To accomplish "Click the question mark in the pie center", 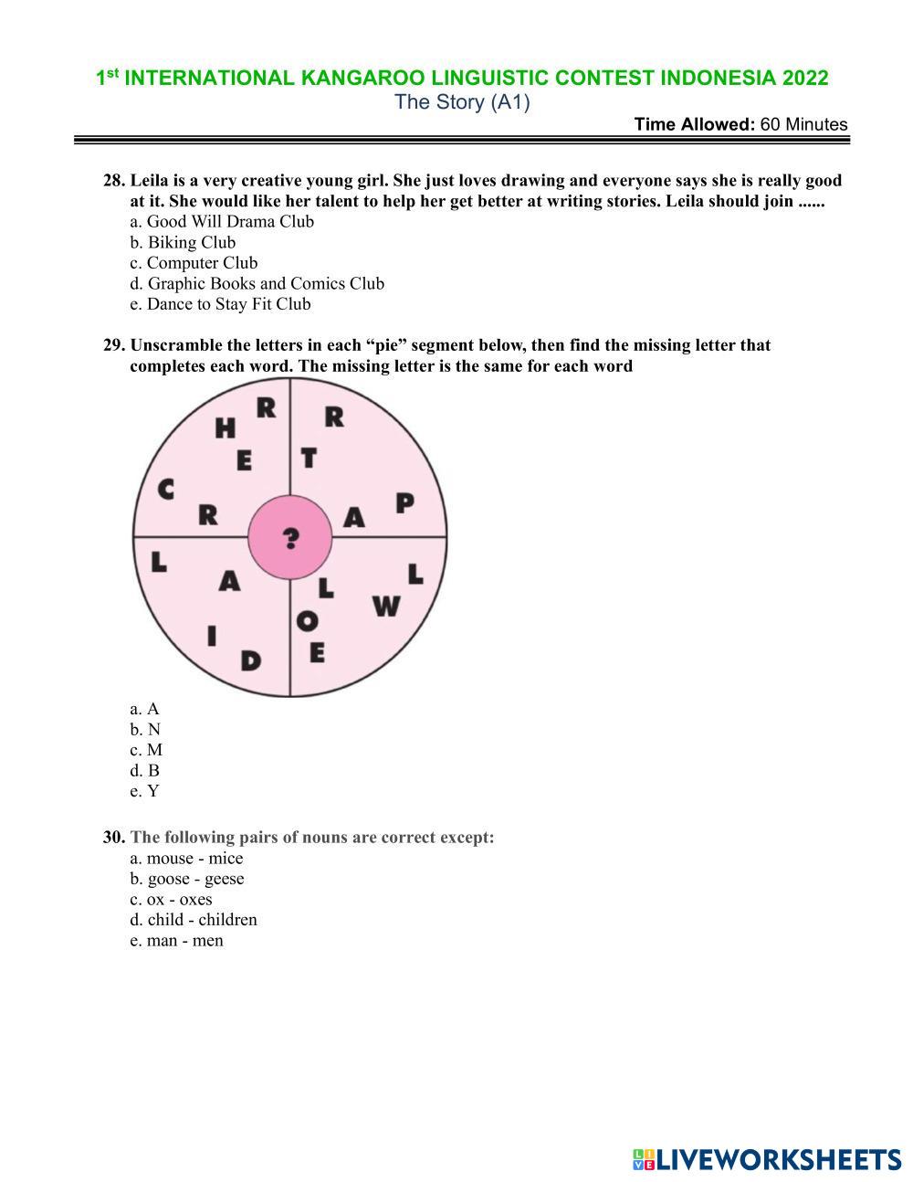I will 290,538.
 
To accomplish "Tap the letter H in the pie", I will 225,427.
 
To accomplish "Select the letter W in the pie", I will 386,606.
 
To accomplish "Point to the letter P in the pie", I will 404,502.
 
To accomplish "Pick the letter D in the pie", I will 250,660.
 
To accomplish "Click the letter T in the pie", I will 309,458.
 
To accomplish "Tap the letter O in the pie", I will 308,621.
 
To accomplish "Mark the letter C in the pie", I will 165,490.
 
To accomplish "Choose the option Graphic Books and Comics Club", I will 257,283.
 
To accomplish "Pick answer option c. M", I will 146,750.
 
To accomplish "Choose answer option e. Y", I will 144,791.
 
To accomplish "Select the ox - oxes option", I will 171,899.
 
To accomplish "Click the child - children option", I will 194,920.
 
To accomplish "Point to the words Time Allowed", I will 694,124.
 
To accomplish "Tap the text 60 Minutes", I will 803,124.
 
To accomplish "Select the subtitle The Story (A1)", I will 462,101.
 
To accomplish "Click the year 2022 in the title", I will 804,78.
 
